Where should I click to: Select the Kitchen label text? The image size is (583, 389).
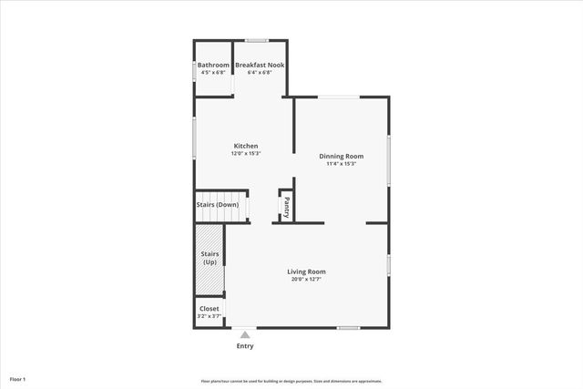[246, 146]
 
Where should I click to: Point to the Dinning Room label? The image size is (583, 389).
[341, 157]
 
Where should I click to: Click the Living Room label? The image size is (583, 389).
[306, 271]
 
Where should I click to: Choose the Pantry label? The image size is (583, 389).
[286, 207]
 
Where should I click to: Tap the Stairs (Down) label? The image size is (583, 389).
[218, 205]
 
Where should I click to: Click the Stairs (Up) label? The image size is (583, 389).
[210, 258]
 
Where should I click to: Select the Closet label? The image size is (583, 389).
[210, 309]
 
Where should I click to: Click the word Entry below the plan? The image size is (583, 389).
[245, 346]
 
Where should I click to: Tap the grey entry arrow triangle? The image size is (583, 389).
[244, 334]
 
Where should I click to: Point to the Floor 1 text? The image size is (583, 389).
[18, 378]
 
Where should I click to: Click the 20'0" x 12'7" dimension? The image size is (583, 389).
[306, 280]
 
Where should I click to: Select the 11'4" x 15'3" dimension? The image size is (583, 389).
[341, 164]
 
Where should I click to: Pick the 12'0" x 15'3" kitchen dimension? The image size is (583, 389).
[246, 153]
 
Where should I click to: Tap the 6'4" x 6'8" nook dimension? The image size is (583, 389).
[261, 73]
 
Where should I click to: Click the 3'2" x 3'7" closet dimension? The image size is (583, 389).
[210, 316]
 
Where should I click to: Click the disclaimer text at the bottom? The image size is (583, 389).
[291, 381]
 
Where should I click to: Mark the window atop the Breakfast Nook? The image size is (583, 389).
[257, 40]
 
